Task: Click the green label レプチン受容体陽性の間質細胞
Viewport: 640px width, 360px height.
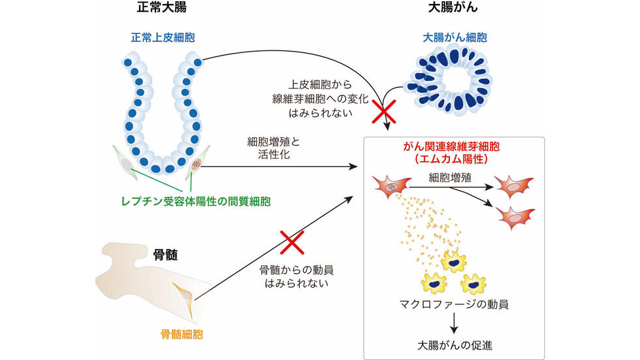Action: [x=196, y=201]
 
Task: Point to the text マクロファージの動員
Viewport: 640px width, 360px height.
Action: [x=455, y=304]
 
